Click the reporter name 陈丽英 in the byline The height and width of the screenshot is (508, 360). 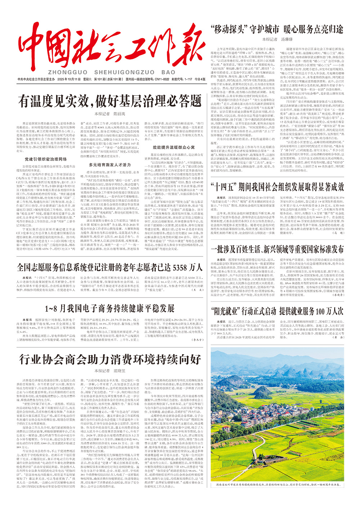coord(118,114)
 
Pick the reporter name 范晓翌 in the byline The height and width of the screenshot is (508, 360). coord(118,370)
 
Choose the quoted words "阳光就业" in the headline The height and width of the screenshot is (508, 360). coord(227,311)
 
